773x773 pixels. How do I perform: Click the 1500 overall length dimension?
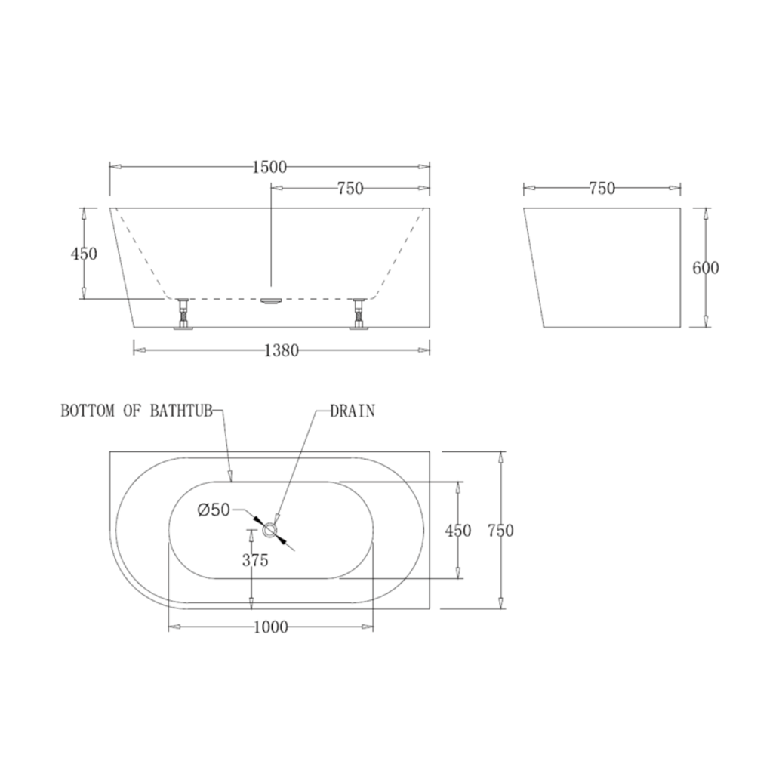click(269, 167)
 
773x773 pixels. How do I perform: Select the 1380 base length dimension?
click(282, 350)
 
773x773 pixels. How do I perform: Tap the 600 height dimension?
click(706, 268)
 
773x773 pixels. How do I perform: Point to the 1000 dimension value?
click(271, 627)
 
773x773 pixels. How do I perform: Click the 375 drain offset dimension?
click(255, 560)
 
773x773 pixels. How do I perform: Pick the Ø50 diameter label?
click(214, 510)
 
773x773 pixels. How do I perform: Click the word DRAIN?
click(353, 411)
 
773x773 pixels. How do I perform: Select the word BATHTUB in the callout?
click(181, 411)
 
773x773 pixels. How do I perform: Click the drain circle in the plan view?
click(270, 531)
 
